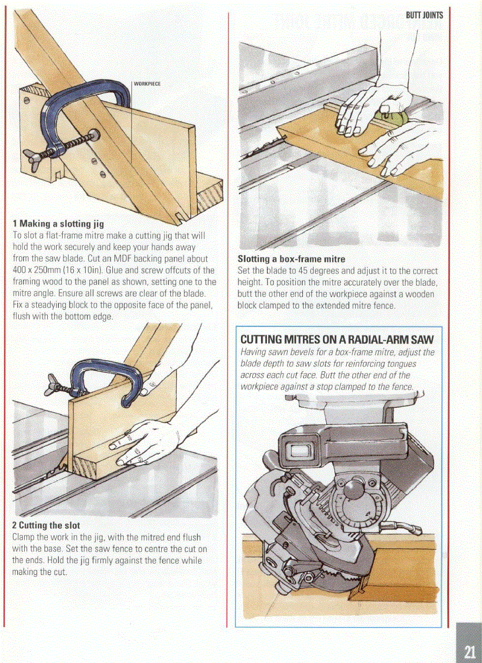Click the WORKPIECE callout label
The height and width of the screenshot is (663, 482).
[148, 84]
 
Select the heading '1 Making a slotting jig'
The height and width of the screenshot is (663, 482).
[58, 224]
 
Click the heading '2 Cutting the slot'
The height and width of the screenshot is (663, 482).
[46, 525]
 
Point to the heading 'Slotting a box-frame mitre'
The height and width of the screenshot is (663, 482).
[291, 259]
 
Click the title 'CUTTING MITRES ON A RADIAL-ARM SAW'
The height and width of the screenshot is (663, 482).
[337, 340]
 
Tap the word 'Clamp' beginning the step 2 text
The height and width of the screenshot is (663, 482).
[24, 537]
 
